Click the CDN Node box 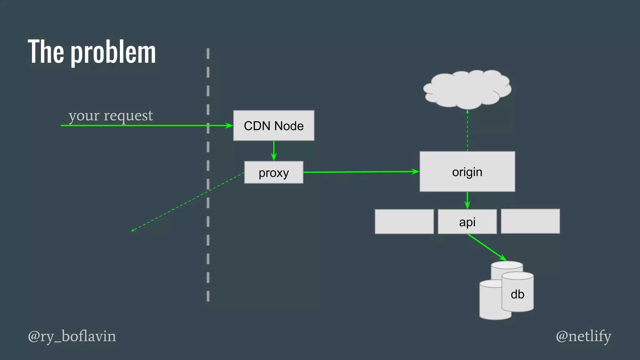tap(273, 126)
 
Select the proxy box tap(273, 172)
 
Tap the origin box tap(467, 172)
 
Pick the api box tap(467, 222)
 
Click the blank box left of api tap(404, 222)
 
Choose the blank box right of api tap(530, 221)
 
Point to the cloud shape tap(467, 89)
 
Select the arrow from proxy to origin tap(361, 172)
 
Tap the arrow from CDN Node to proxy tap(274, 151)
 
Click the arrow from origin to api tap(467, 200)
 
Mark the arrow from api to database tap(487, 247)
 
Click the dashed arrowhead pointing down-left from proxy tap(132, 231)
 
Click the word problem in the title tap(113, 52)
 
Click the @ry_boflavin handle tap(72, 336)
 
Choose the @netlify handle tap(583, 336)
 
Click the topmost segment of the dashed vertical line tap(208, 53)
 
